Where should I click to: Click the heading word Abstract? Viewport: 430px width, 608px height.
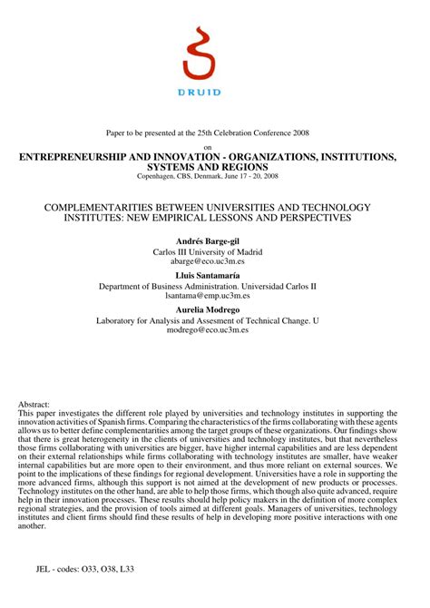(34, 404)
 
